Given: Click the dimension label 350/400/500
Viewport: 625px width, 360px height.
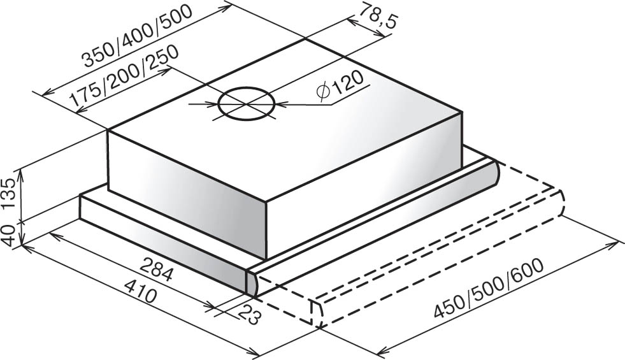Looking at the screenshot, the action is (138, 36).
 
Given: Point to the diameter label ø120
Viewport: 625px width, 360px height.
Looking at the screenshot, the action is (340, 87).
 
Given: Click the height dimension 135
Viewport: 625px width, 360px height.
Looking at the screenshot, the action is (9, 195).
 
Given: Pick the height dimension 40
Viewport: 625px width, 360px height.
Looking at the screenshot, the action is (9, 234).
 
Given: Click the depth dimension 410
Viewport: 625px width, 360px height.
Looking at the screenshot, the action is (140, 290).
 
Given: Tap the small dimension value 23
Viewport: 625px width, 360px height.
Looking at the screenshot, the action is (250, 315).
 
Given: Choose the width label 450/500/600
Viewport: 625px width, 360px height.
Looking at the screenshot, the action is (488, 288).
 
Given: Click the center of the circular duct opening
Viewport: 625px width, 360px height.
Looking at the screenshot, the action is (247, 104).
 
